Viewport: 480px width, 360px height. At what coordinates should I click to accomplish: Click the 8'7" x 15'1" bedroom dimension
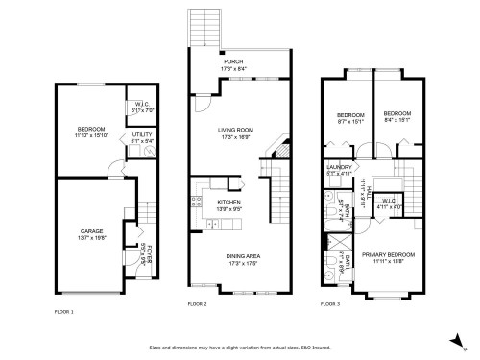[347, 121]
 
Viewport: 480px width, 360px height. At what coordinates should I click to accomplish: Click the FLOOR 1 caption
[64, 312]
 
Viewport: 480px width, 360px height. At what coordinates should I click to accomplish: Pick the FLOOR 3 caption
[330, 303]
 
